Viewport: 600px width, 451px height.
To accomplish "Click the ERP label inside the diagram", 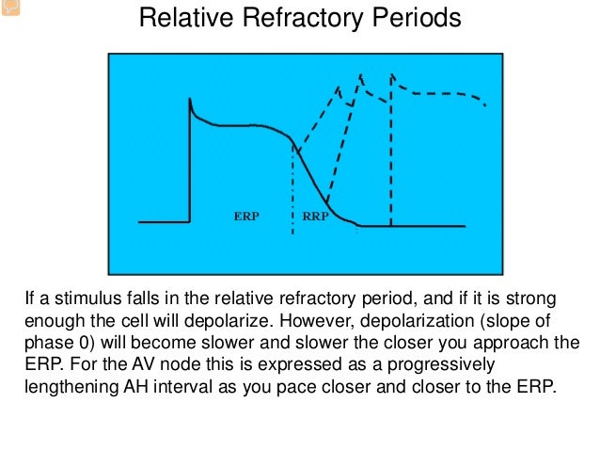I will (x=246, y=216).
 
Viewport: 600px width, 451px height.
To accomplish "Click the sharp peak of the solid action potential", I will (x=191, y=99).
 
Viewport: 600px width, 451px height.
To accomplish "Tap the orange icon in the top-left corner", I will (x=8, y=8).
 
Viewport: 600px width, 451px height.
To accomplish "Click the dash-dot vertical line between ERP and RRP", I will (x=293, y=188).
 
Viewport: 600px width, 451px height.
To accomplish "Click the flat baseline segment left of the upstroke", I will (x=163, y=222).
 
